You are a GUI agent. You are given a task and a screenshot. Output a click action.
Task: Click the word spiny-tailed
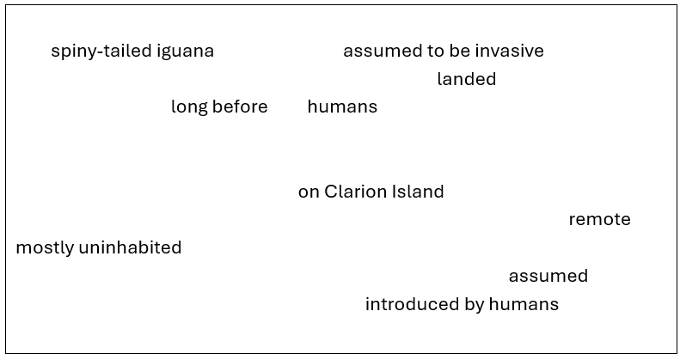(x=101, y=52)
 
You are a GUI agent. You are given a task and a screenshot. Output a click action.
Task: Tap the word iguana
(x=185, y=52)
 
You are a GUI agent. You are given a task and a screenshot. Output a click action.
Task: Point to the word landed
(x=466, y=80)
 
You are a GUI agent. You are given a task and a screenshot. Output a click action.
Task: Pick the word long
(x=188, y=107)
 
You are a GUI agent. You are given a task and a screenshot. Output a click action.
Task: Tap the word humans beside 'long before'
(x=342, y=107)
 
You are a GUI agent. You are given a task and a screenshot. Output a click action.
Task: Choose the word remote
(x=599, y=220)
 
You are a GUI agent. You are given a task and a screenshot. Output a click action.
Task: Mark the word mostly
(x=44, y=248)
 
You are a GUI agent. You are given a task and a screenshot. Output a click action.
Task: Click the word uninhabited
(x=130, y=248)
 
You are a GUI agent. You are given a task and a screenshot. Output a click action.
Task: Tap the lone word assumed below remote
(x=548, y=277)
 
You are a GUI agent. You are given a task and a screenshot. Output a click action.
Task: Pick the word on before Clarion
(x=309, y=192)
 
